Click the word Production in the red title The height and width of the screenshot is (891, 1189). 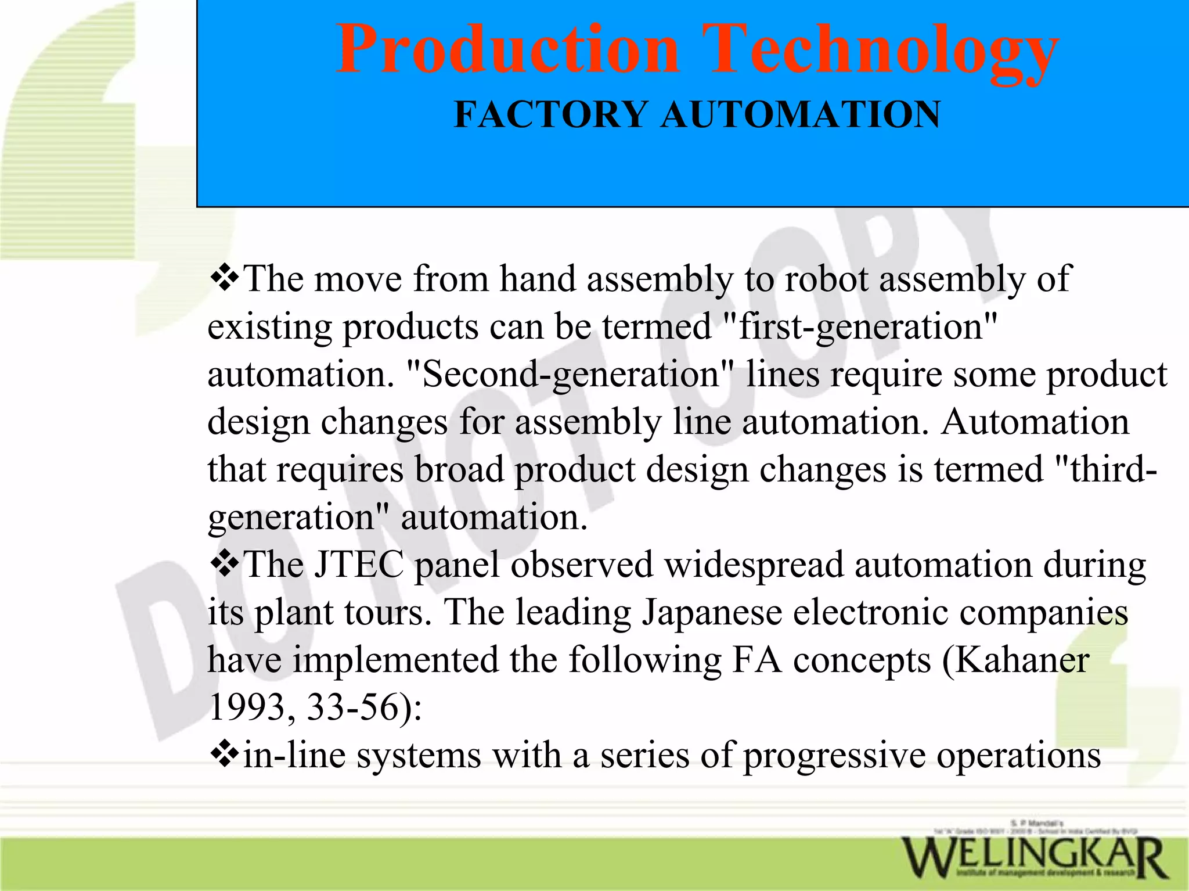(x=507, y=50)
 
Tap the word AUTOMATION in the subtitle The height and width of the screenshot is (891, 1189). (x=801, y=114)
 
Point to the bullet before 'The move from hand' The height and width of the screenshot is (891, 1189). (x=224, y=278)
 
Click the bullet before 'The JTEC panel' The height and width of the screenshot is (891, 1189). (x=224, y=563)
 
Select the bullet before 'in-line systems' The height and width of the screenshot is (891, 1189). (x=224, y=754)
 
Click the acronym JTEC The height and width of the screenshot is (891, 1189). (x=359, y=565)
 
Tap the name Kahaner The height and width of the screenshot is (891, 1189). (x=1022, y=660)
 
